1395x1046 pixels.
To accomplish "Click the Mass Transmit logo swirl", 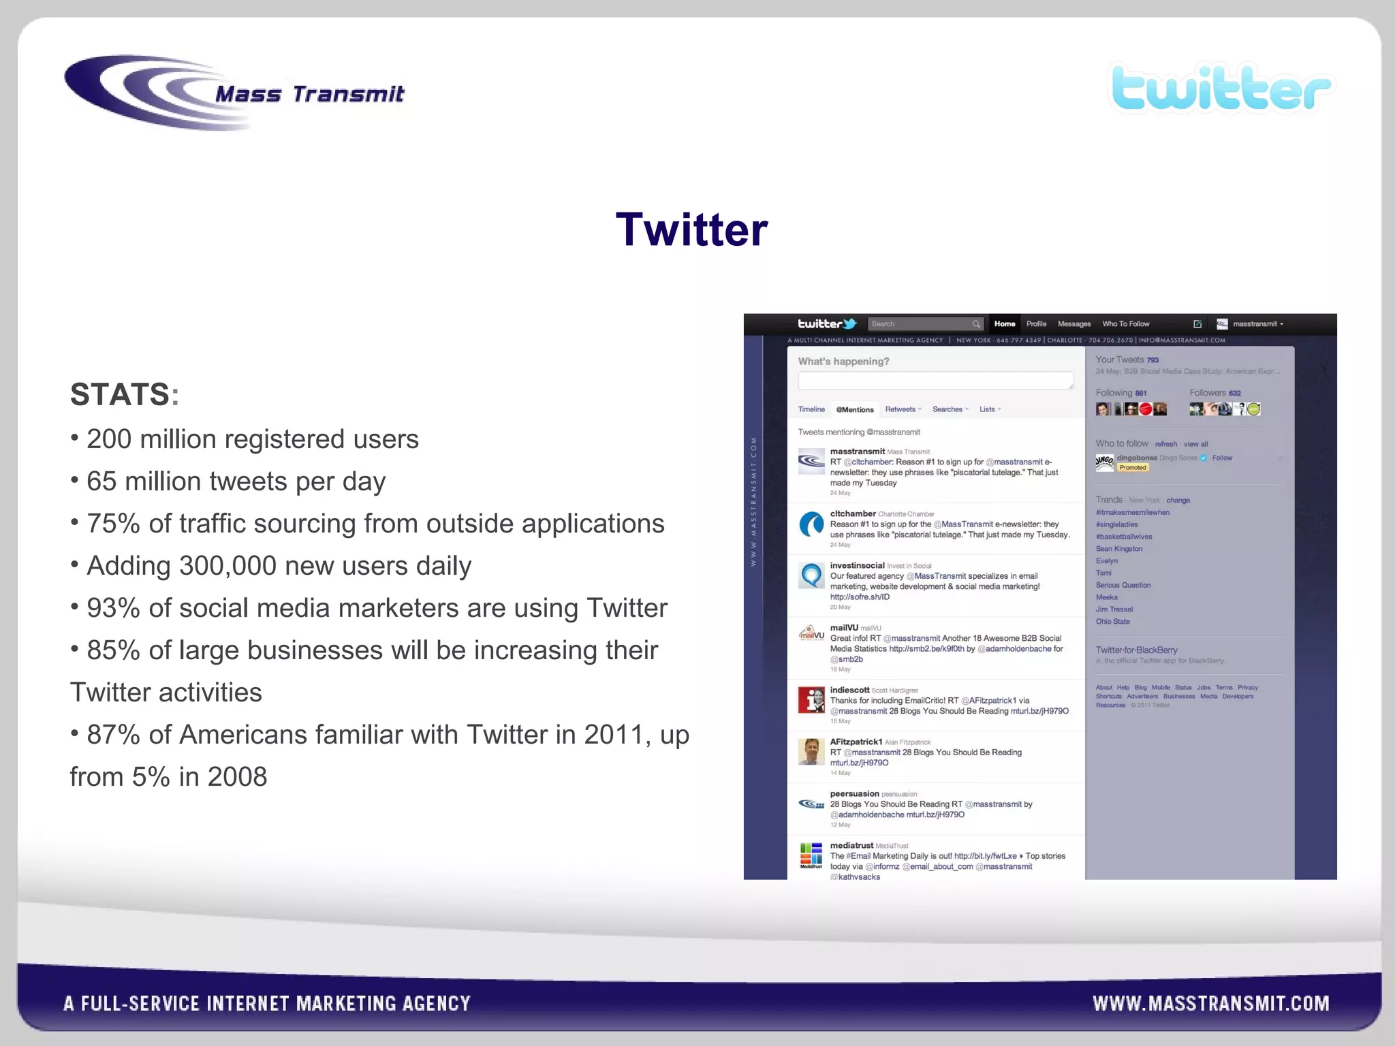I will point(136,92).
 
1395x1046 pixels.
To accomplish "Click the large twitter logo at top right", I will point(1221,89).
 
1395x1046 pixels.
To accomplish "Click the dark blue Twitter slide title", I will point(691,229).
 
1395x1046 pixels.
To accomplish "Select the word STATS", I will point(120,394).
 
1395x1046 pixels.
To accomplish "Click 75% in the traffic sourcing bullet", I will point(114,524).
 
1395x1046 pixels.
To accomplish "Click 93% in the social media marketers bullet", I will point(114,608).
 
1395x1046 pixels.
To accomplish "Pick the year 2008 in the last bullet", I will point(237,777).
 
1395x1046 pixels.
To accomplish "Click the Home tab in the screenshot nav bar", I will point(1004,324).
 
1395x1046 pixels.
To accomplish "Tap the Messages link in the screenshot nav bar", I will point(1074,324).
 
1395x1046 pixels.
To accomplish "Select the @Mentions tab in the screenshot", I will point(855,410).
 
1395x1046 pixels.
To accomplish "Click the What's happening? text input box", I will point(935,380).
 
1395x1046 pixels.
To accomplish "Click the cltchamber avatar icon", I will point(811,525).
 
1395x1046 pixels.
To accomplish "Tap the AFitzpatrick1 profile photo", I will point(811,752).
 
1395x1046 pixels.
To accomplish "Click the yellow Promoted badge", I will point(1133,468).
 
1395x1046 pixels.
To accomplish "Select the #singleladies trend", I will point(1117,525).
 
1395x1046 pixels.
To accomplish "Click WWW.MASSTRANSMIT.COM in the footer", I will point(1210,1003).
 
